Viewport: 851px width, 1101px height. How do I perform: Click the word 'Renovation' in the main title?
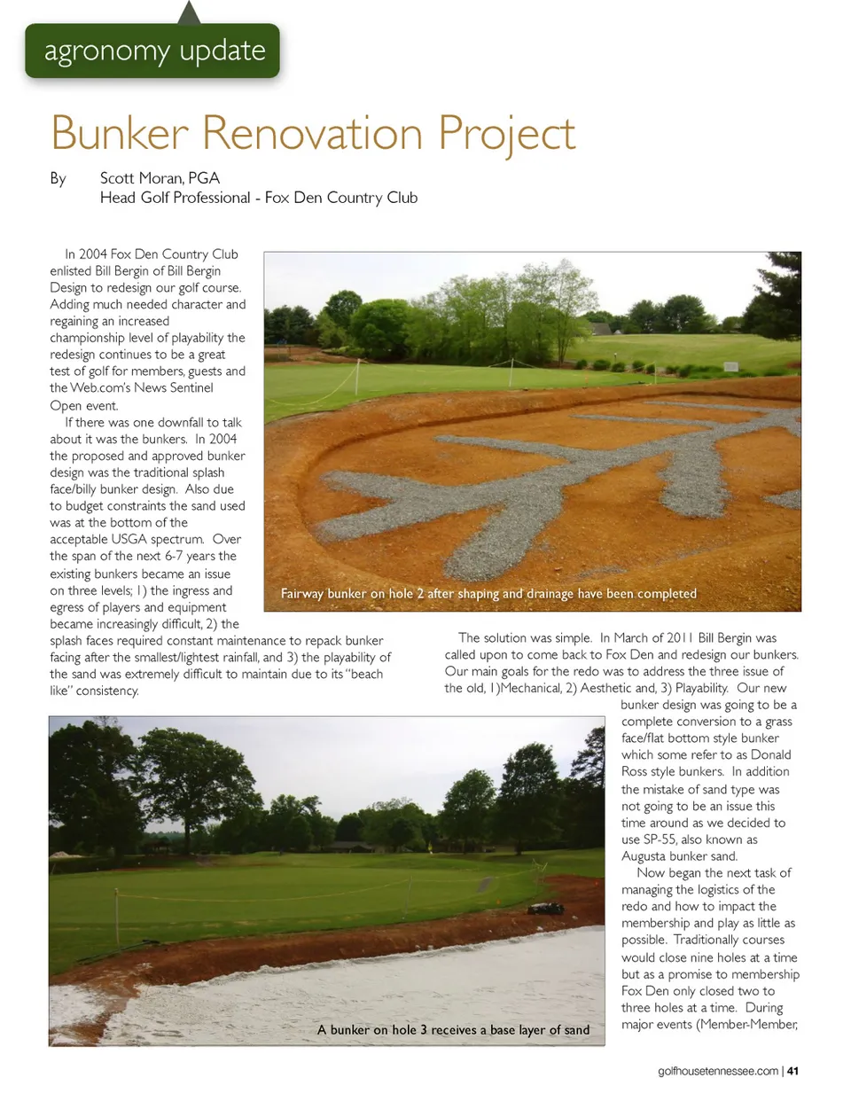click(x=312, y=133)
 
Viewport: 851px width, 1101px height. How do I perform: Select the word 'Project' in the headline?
click(x=506, y=135)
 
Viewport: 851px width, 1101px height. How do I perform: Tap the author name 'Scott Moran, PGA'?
click(x=160, y=177)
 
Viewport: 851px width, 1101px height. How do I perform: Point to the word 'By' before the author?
click(x=58, y=178)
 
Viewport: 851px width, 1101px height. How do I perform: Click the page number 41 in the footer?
click(x=792, y=1071)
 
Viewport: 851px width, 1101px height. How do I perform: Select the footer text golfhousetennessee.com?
click(x=718, y=1071)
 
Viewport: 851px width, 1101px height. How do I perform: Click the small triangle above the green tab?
click(x=189, y=12)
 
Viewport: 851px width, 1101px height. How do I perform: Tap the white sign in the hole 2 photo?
click(x=730, y=366)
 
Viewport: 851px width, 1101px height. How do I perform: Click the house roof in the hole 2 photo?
click(x=601, y=329)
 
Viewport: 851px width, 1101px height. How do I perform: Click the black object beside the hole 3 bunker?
click(x=546, y=909)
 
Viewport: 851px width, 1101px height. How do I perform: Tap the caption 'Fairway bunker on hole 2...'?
click(x=488, y=594)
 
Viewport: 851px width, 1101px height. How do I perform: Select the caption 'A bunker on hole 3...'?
click(x=453, y=1030)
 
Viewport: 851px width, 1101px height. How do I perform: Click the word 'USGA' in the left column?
click(x=129, y=539)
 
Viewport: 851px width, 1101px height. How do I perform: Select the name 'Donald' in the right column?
click(x=770, y=755)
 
